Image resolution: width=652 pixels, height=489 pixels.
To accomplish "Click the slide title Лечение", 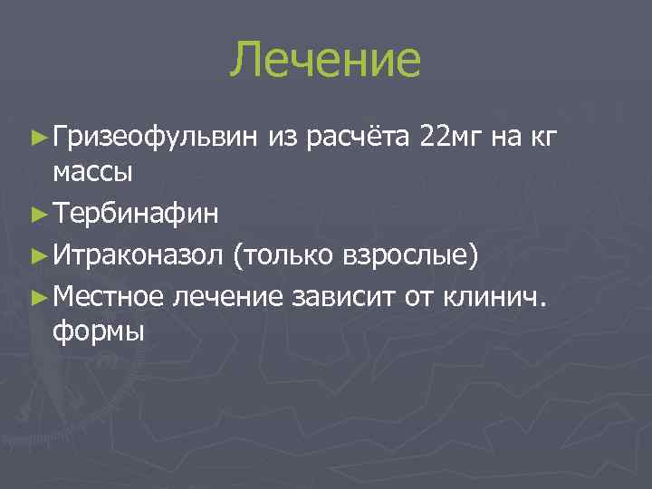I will point(325,60).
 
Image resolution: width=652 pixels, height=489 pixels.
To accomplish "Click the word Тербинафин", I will point(136,216).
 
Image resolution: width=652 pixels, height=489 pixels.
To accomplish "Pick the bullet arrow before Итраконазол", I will point(38,256).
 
